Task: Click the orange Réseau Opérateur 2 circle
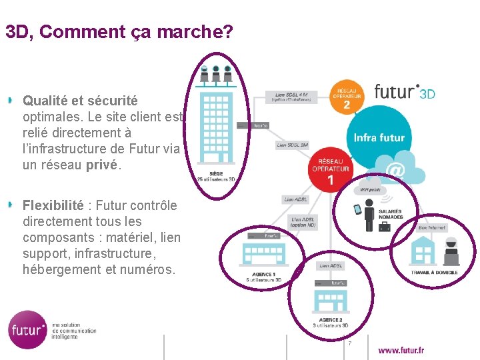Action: tap(347, 98)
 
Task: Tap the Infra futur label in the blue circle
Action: tap(379, 138)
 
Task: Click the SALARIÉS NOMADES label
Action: tap(391, 215)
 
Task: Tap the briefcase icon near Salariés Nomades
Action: tap(385, 227)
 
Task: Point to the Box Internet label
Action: tap(432, 228)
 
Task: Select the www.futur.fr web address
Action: tap(401, 350)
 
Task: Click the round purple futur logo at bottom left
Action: tap(28, 329)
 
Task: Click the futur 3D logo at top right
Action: tap(405, 91)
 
